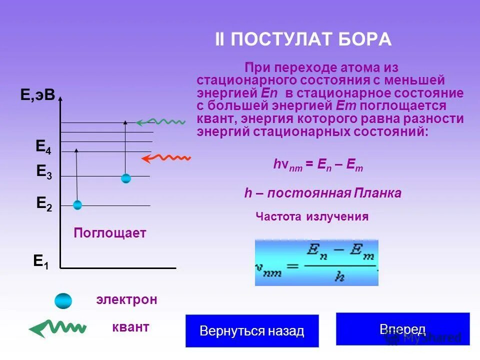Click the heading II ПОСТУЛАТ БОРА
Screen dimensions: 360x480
click(x=303, y=39)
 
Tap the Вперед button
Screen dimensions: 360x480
click(x=402, y=329)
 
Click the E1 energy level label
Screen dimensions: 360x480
click(x=41, y=261)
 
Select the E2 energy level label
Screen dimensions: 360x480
click(x=44, y=203)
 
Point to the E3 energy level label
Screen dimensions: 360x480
click(x=44, y=172)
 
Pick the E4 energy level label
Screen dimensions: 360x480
click(x=43, y=147)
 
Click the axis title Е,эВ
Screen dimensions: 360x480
click(x=37, y=95)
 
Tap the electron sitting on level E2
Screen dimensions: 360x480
click(x=77, y=204)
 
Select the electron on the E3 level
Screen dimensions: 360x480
click(x=126, y=178)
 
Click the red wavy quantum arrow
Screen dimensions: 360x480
click(x=166, y=158)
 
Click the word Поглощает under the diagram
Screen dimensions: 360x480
click(x=110, y=233)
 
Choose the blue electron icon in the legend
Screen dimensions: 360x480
click(x=63, y=300)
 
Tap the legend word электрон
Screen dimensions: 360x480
click(x=126, y=300)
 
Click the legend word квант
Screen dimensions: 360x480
click(x=130, y=327)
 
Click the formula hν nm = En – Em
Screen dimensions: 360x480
click(x=318, y=166)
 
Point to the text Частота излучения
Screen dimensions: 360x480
click(x=312, y=217)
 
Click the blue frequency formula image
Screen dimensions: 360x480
click(x=316, y=262)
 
